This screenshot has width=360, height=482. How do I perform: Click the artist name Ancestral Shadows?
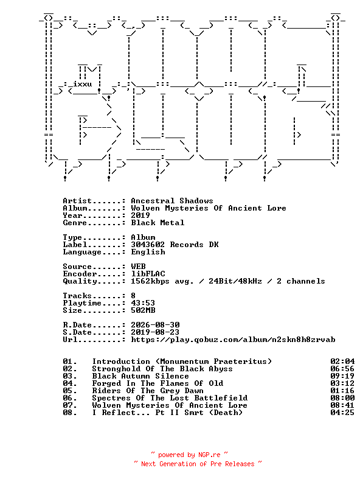click(x=172, y=201)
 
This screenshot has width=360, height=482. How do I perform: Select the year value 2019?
click(x=140, y=215)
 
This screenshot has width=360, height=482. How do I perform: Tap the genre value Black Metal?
click(x=157, y=223)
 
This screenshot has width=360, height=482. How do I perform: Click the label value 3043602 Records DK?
click(x=175, y=245)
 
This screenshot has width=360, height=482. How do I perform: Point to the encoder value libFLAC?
click(x=148, y=274)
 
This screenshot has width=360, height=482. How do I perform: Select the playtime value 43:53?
click(x=143, y=303)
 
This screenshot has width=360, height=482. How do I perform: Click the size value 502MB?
click(x=143, y=310)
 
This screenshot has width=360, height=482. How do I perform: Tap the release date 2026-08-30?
click(x=155, y=325)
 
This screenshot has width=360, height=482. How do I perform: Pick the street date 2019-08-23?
click(x=155, y=332)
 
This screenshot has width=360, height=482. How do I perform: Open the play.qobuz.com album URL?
click(x=233, y=340)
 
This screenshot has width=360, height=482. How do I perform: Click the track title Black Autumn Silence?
click(x=140, y=376)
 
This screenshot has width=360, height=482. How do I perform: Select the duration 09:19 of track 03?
click(x=342, y=376)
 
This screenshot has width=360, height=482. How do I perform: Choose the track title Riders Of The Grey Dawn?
click(x=148, y=391)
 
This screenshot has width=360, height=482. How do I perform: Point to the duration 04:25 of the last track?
click(x=342, y=413)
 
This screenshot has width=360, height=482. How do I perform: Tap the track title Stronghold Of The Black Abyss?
click(x=162, y=369)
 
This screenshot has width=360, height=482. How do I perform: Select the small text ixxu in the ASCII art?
click(x=82, y=84)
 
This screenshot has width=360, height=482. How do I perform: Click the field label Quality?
click(x=80, y=281)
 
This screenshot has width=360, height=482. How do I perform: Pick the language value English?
click(x=148, y=252)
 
